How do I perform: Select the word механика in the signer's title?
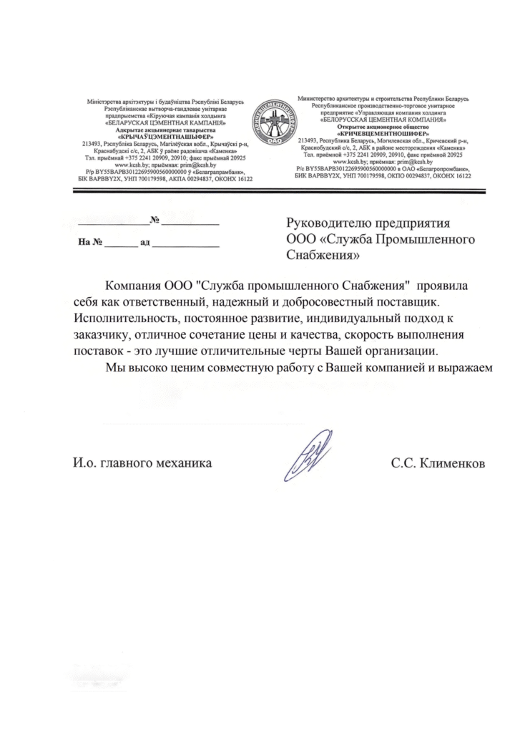(x=186, y=463)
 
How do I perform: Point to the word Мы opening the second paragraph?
(x=114, y=369)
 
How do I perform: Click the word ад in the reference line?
(x=144, y=243)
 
